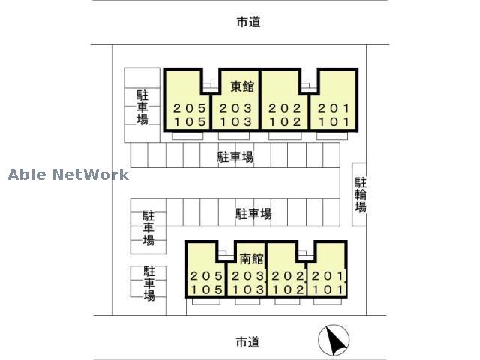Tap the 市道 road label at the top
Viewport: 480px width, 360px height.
pyautogui.click(x=247, y=22)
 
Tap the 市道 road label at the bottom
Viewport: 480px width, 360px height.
pyautogui.click(x=247, y=341)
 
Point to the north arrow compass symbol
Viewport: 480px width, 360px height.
pyautogui.click(x=333, y=341)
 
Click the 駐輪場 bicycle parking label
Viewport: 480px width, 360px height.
pyautogui.click(x=361, y=194)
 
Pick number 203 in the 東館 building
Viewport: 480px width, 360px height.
pyautogui.click(x=236, y=107)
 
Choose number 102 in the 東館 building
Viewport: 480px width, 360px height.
pyautogui.click(x=286, y=121)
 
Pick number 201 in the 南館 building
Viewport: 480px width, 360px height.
pyautogui.click(x=327, y=276)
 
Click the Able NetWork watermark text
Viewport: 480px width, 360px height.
pyautogui.click(x=69, y=175)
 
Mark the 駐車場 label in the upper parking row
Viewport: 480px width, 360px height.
pyautogui.click(x=235, y=157)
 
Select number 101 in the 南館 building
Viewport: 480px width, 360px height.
pyautogui.click(x=327, y=289)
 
